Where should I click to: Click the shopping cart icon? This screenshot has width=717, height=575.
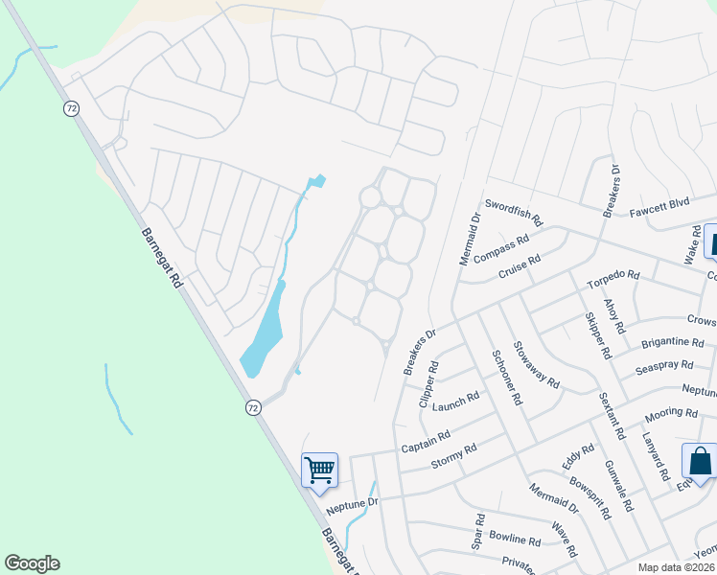pos(319,469)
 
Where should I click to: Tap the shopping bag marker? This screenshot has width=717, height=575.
pos(699,461)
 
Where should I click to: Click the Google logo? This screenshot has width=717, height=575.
pos(32,563)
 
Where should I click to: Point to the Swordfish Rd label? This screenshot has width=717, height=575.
pos(514,211)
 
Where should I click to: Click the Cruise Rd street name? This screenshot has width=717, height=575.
pos(519,266)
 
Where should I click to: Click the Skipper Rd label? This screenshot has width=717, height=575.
pos(595,334)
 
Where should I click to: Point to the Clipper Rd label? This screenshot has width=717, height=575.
pos(428,384)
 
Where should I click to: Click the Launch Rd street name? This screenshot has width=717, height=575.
pos(455,401)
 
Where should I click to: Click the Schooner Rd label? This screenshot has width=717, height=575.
pos(506,377)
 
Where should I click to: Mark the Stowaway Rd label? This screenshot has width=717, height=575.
pos(536,364)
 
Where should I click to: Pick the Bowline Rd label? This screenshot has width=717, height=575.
pos(515,539)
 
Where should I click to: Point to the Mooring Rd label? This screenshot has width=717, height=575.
pos(671,414)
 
